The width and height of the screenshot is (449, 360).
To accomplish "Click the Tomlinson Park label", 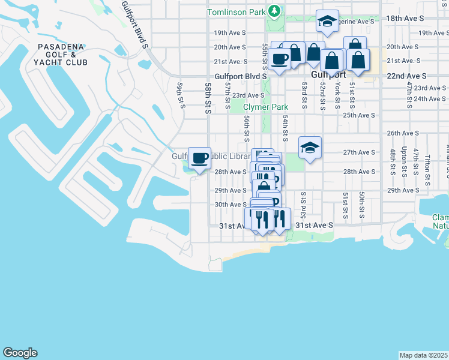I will pos(237,12).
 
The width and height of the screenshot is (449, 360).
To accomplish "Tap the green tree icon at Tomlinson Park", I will pos(274,11).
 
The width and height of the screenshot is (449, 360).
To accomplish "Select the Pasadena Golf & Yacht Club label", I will pos(62,55).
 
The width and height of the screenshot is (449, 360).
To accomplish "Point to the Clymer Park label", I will pos(266,107).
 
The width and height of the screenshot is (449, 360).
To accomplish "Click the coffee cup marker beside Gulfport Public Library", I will pos(200,158).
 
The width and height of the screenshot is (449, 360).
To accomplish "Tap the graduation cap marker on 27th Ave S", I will pos(310,148).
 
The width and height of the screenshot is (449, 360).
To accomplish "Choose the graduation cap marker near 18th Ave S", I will pos(327,21).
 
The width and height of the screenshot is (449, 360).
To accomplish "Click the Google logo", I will pos(20,353).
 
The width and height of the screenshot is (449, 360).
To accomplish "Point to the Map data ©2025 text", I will pos(423,355).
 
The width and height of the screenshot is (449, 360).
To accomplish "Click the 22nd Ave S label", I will pos(406,76).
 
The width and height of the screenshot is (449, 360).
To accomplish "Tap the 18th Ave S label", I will pos(406,19).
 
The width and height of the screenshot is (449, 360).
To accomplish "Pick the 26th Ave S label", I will pos(402,133).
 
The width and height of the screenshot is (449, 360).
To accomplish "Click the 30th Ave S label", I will pos(231,205).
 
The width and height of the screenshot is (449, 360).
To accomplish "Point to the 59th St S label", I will pos(179,95).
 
